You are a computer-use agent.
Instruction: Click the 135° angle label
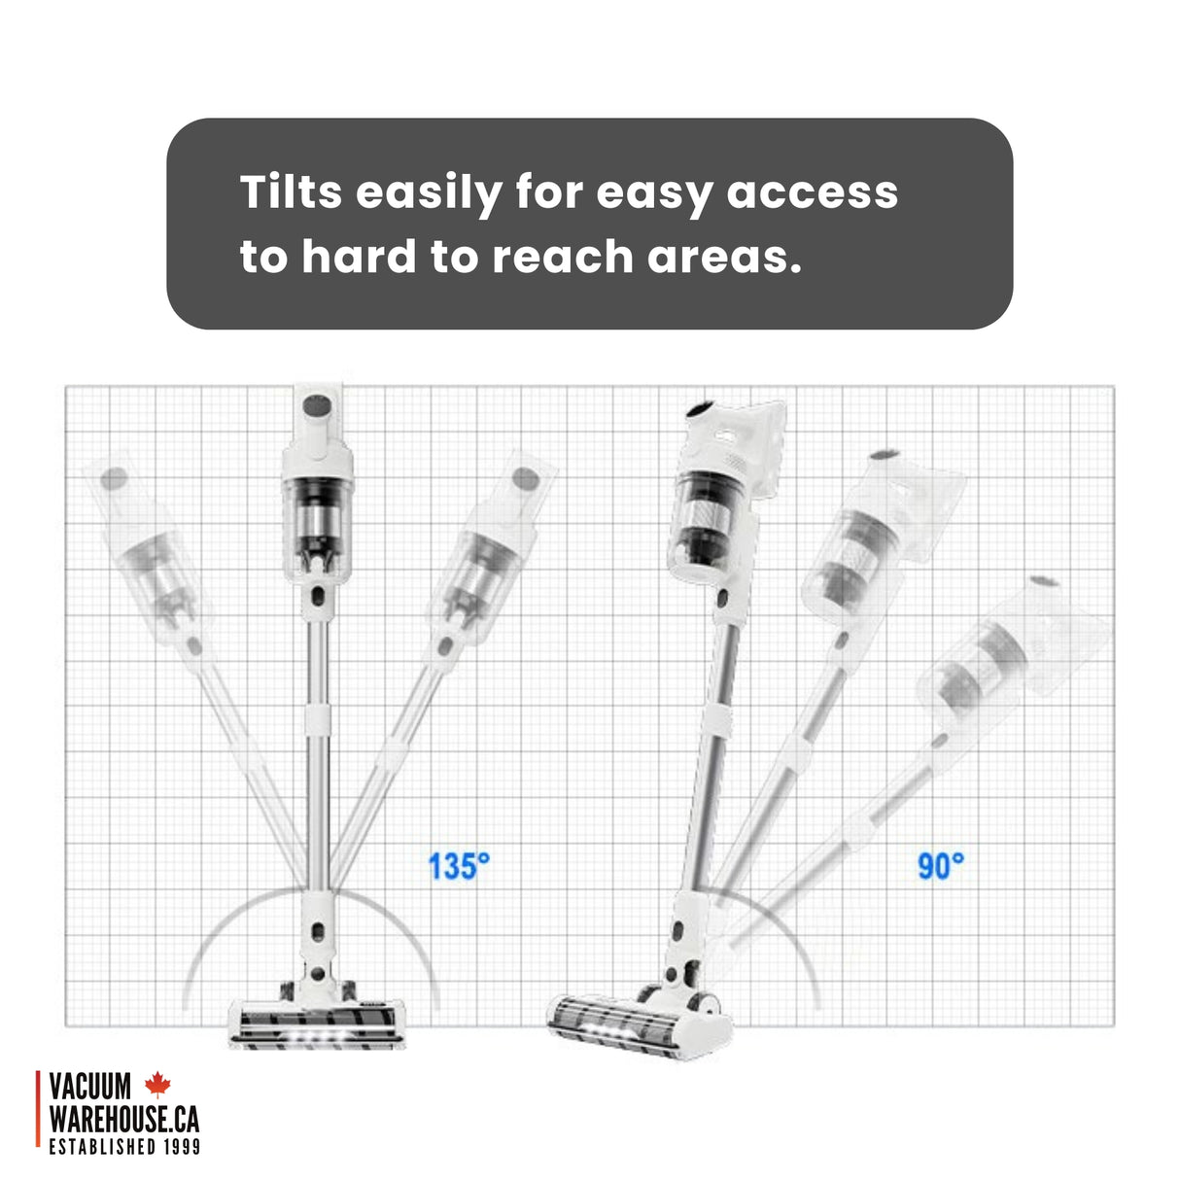(x=459, y=866)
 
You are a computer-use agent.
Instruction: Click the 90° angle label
(x=941, y=866)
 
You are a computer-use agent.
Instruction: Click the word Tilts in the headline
(x=291, y=191)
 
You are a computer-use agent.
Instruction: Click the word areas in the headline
(x=724, y=258)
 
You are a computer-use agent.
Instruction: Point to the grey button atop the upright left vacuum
(x=317, y=405)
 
